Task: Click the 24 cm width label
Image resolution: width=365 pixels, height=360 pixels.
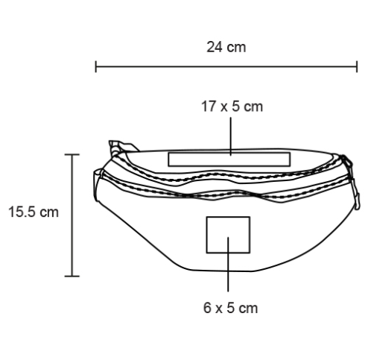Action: pyautogui.click(x=226, y=47)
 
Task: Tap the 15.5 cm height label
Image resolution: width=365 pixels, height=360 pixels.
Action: pyautogui.click(x=34, y=212)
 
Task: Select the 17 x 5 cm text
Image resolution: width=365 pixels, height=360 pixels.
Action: pyautogui.click(x=232, y=107)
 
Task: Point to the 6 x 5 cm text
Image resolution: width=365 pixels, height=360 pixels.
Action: pyautogui.click(x=230, y=308)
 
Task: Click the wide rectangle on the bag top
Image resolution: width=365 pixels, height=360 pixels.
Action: pyautogui.click(x=229, y=160)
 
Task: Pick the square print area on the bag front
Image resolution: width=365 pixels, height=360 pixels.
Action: pyautogui.click(x=228, y=235)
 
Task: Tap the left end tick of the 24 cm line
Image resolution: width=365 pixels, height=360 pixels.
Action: pyautogui.click(x=96, y=66)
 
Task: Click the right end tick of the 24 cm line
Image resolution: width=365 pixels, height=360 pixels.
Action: pyautogui.click(x=357, y=66)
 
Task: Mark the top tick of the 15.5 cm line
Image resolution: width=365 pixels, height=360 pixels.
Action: pyautogui.click(x=72, y=154)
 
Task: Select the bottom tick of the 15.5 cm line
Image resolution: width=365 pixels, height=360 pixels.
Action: pyautogui.click(x=72, y=276)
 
